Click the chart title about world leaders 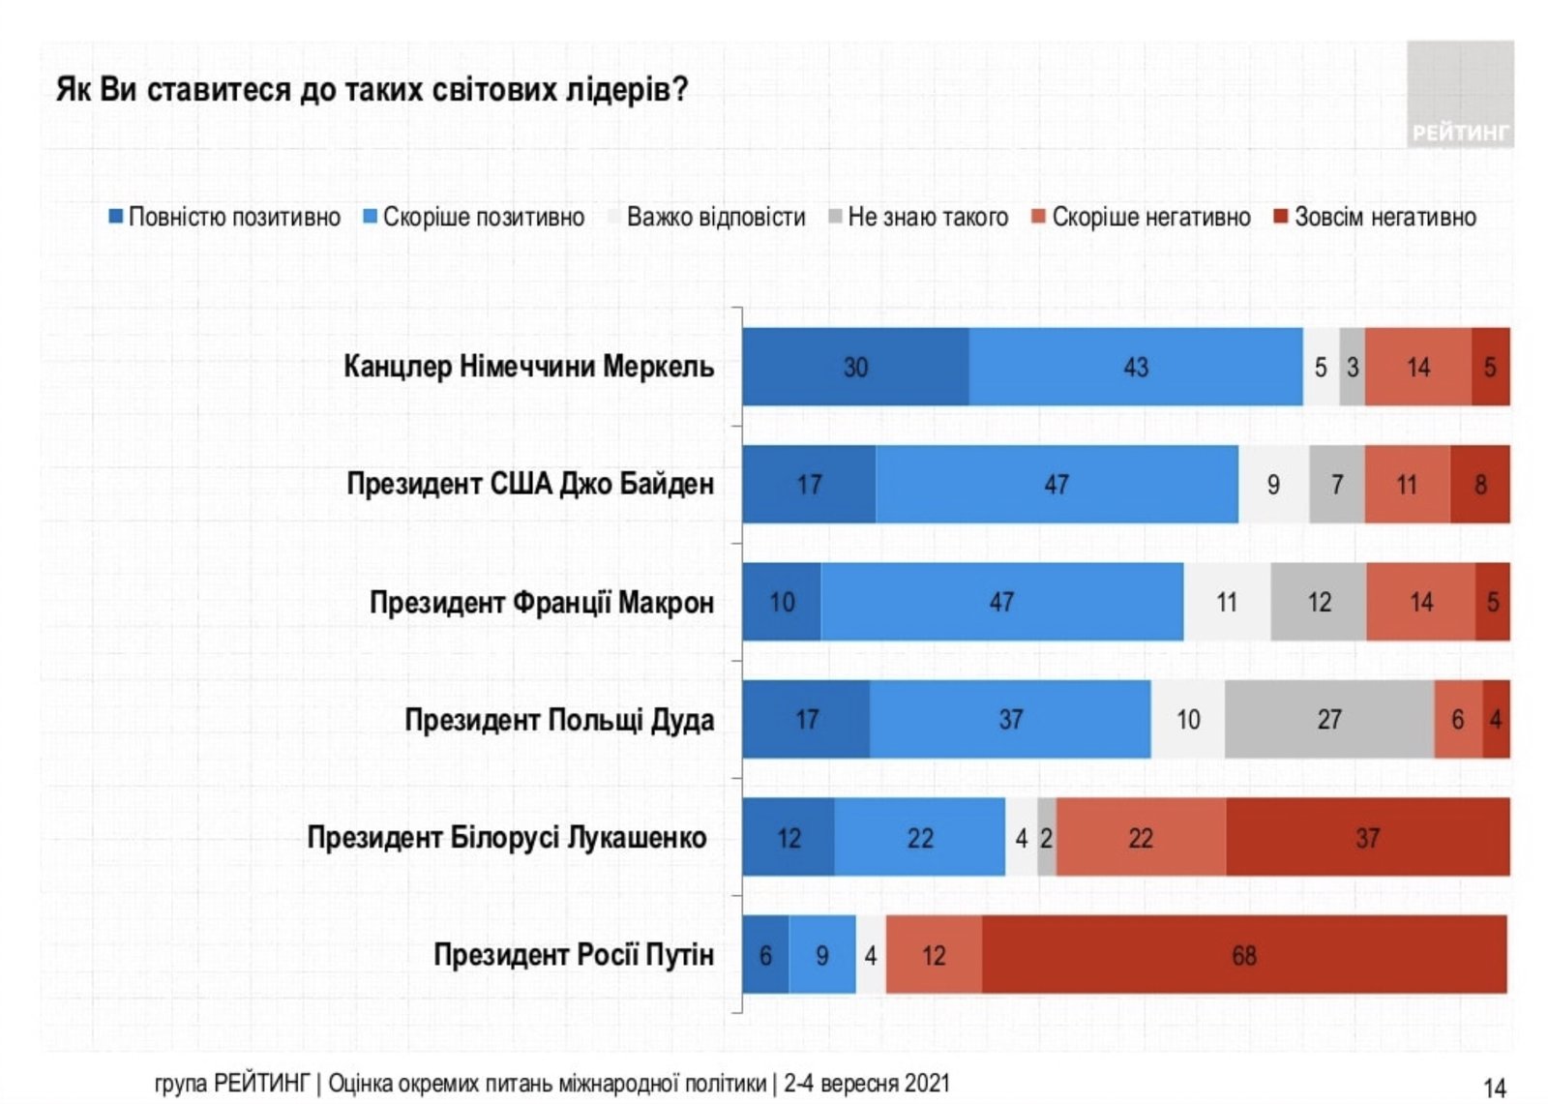tap(372, 90)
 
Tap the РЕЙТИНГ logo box tap(1459, 94)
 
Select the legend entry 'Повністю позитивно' tap(224, 217)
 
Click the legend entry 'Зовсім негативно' tap(1375, 217)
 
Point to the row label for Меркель tap(528, 367)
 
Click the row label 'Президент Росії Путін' tap(573, 955)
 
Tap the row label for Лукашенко tap(506, 837)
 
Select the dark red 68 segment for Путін tap(1244, 955)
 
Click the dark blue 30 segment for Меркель tap(855, 367)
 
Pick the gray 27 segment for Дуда tap(1328, 719)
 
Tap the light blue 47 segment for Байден tap(1057, 484)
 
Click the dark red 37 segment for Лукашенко tap(1367, 837)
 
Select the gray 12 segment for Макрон tap(1319, 602)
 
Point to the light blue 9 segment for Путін tap(821, 955)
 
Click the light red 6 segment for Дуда tap(1457, 719)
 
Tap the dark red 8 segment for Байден tap(1480, 484)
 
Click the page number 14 tap(1494, 1088)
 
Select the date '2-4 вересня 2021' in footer tap(867, 1083)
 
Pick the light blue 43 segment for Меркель tap(1135, 367)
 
